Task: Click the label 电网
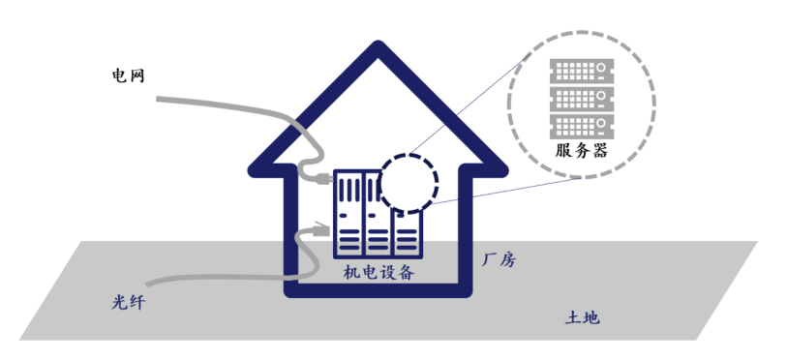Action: (128, 76)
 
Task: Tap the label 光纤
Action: (128, 303)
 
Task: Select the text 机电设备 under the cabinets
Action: (378, 273)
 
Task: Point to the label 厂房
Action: (499, 260)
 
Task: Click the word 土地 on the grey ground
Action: (582, 317)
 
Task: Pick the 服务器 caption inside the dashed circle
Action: (581, 150)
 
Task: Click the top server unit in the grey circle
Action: (582, 72)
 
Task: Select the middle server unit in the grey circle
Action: (582, 99)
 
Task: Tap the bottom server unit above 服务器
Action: (582, 127)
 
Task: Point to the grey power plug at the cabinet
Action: (324, 178)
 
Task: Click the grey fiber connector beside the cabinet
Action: (320, 229)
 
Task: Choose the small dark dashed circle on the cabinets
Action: (409, 183)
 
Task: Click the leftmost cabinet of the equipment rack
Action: (348, 214)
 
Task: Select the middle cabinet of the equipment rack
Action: (378, 214)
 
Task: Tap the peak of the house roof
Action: (378, 47)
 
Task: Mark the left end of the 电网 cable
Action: (158, 99)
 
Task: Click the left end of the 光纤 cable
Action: (147, 285)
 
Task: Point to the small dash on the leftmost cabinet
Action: (343, 216)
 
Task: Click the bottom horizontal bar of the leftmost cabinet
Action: (349, 248)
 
